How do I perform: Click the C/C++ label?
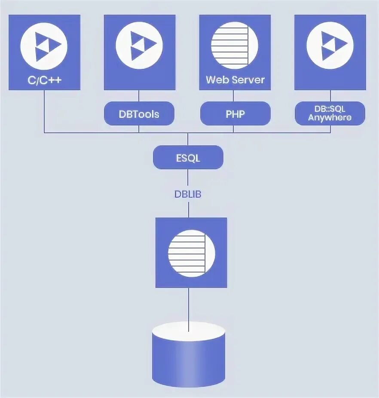[x=44, y=80]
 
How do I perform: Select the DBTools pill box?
[x=139, y=114]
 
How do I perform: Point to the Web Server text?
[x=235, y=80]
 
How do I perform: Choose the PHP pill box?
[x=235, y=114]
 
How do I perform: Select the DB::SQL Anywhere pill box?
[x=330, y=114]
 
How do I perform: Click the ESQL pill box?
[x=188, y=157]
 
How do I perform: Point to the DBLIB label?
[x=188, y=194]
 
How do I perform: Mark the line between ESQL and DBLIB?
[x=188, y=178]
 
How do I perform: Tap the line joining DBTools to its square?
[x=139, y=96]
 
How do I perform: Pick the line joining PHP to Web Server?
[x=235, y=96]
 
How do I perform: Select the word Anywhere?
[x=330, y=118]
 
